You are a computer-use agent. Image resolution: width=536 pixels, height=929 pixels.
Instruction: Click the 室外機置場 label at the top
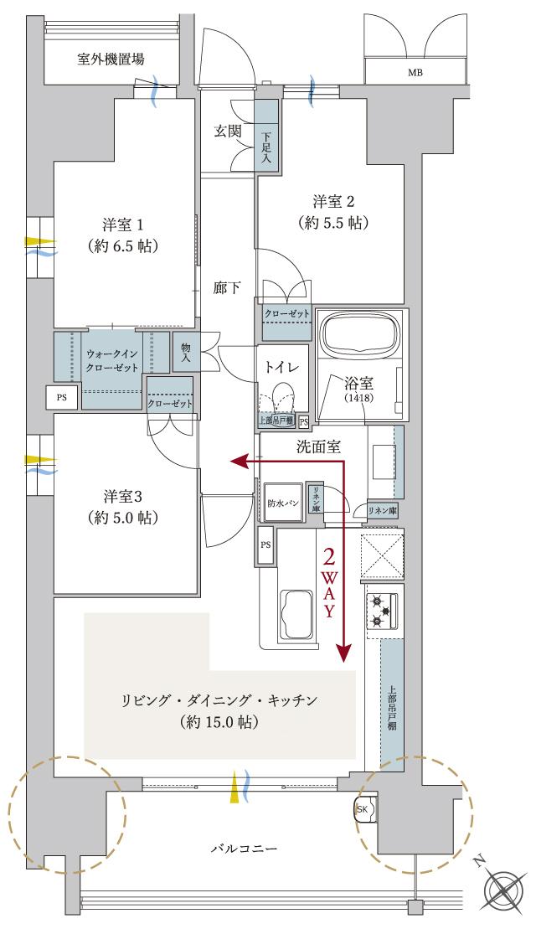(111, 59)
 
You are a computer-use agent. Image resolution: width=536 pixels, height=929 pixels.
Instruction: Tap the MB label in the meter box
(415, 73)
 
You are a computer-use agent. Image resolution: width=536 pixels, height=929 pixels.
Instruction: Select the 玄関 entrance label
(227, 131)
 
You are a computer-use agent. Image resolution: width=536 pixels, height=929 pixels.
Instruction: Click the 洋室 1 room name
(125, 225)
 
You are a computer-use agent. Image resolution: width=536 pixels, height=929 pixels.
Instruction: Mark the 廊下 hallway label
(227, 288)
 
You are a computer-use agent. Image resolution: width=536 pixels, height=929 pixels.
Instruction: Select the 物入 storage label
(184, 353)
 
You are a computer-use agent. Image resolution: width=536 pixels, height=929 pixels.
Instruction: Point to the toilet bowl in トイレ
(282, 396)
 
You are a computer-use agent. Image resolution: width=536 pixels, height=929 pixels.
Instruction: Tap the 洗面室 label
(319, 446)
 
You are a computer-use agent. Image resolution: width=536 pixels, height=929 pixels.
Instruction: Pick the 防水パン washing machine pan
(282, 504)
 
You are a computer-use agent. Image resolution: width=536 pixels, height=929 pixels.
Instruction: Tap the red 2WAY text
(329, 582)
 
